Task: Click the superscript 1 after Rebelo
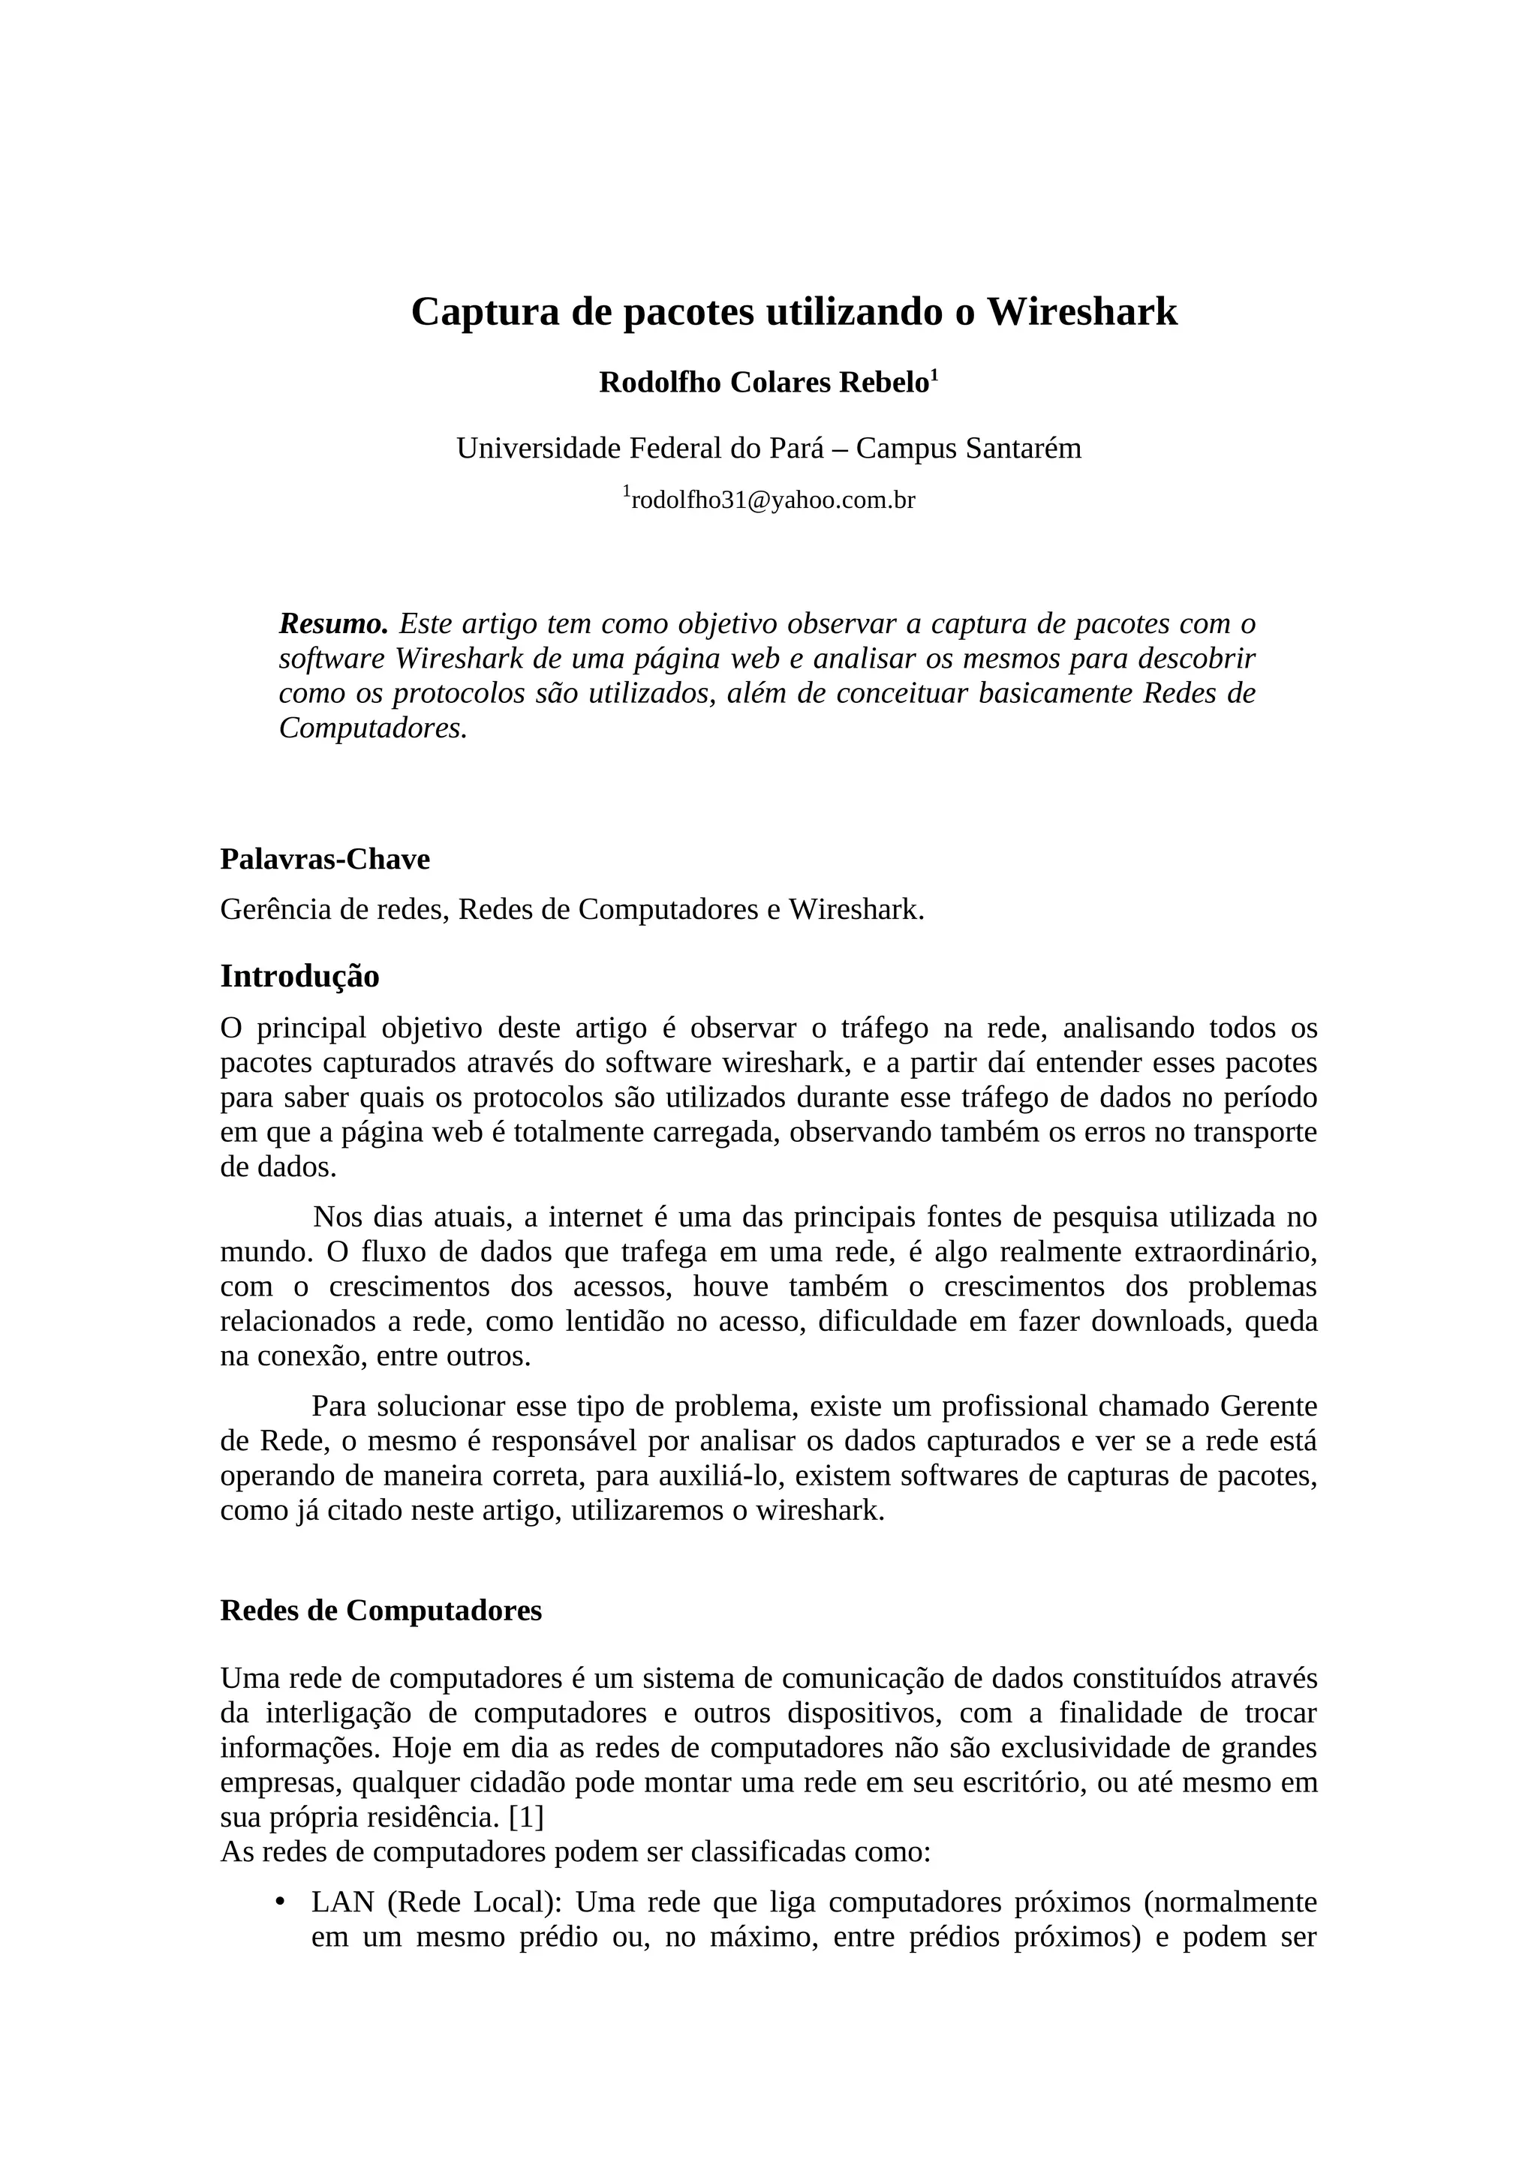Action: [934, 374]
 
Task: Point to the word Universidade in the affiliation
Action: [538, 448]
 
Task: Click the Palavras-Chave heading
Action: [325, 859]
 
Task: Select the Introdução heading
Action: [299, 975]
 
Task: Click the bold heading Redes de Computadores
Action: [380, 1611]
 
